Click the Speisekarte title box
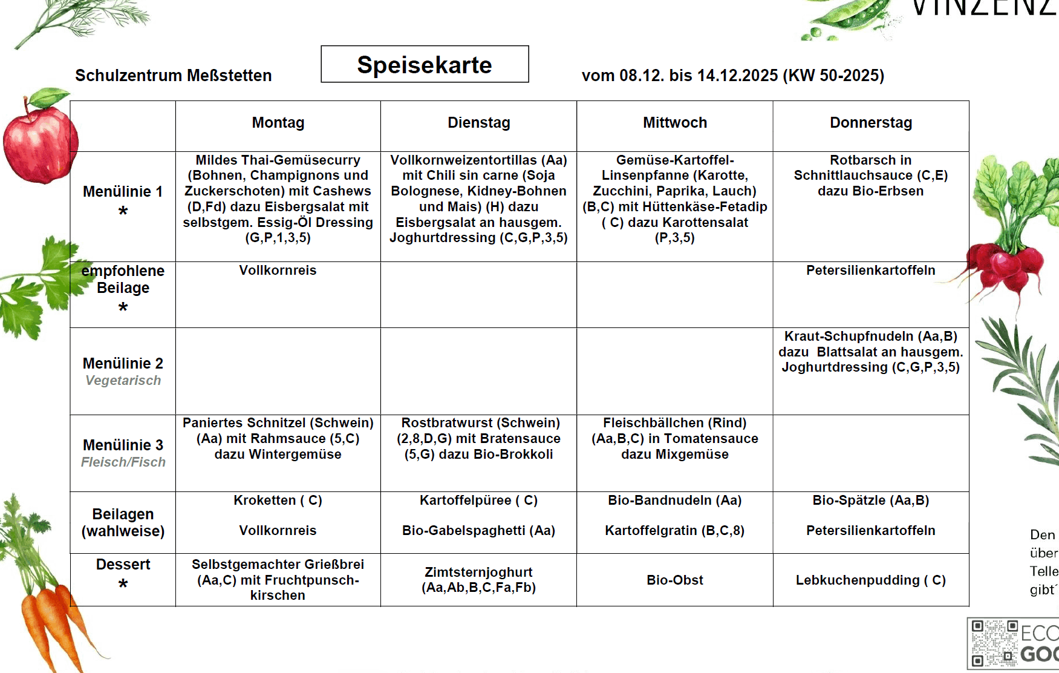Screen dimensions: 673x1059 point(425,64)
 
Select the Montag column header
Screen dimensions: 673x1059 point(278,123)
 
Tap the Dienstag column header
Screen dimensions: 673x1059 point(478,123)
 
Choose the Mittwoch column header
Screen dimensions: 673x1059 point(674,123)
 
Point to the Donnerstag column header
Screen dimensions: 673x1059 point(870,123)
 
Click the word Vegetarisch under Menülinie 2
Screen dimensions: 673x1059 point(123,381)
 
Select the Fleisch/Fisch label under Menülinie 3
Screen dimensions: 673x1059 point(123,462)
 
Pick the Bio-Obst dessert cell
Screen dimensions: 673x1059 point(674,580)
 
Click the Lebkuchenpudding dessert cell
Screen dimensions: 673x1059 point(870,580)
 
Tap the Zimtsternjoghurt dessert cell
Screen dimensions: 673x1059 point(478,580)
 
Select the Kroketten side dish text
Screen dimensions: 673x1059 point(278,501)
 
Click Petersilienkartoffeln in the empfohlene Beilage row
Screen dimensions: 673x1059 point(870,271)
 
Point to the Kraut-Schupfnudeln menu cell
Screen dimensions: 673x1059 point(870,352)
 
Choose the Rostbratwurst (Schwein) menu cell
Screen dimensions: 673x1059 point(478,438)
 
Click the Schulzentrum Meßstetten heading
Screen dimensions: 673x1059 point(173,76)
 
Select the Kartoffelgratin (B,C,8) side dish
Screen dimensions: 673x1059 point(674,531)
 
